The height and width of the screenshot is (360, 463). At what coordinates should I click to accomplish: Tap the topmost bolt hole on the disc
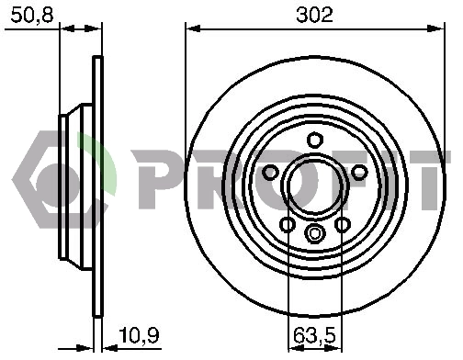pos(314,140)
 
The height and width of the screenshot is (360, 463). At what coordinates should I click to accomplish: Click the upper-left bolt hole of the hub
pos(270,173)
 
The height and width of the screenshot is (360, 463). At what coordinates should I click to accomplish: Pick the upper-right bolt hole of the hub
pos(359,173)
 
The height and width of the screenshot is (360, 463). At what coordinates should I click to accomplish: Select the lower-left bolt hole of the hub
pos(287,225)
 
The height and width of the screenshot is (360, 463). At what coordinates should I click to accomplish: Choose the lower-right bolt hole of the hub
pos(343,225)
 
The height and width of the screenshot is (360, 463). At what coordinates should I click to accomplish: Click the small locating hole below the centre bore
pos(314,233)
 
